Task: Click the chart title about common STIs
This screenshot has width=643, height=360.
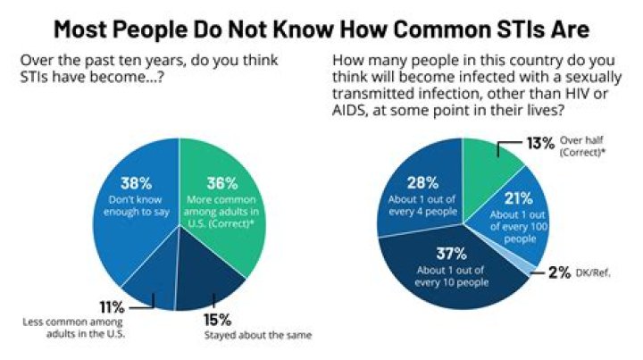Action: [321, 28]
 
